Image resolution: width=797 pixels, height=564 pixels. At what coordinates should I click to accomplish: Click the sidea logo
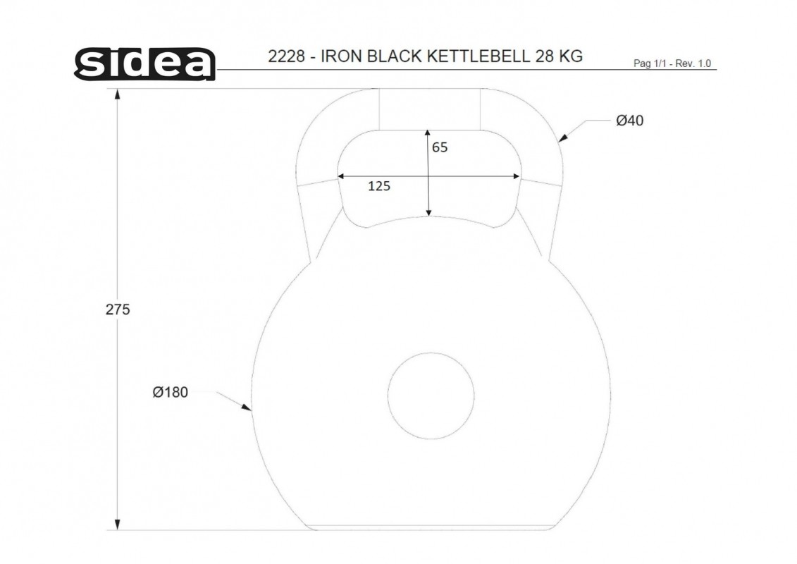pyautogui.click(x=145, y=63)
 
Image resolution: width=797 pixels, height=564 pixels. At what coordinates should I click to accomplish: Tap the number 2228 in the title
pyautogui.click(x=286, y=56)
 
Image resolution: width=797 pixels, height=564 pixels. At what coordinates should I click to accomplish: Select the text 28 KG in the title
pyautogui.click(x=559, y=56)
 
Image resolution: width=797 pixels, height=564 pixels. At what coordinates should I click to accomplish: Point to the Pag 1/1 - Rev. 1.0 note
pyautogui.click(x=672, y=63)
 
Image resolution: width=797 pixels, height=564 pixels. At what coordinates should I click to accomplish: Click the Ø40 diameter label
pyautogui.click(x=630, y=121)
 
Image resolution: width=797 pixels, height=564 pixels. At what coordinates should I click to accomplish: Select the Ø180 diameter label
pyautogui.click(x=171, y=392)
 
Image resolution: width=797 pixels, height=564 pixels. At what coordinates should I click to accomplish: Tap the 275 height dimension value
pyautogui.click(x=118, y=309)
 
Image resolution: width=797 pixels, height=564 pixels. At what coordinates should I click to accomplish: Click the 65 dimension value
pyautogui.click(x=440, y=147)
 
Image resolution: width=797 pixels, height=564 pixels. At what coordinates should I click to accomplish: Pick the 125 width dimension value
pyautogui.click(x=379, y=186)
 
